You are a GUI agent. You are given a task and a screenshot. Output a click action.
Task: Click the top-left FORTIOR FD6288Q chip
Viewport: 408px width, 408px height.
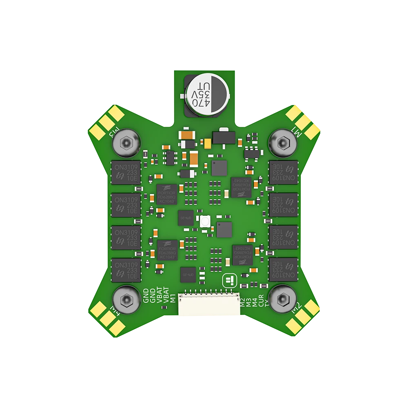click(166, 194)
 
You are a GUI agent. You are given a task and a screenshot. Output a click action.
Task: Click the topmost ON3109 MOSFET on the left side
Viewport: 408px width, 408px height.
click(126, 173)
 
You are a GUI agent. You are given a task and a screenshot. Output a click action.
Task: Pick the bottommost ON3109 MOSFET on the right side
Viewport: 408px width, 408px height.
click(283, 270)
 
